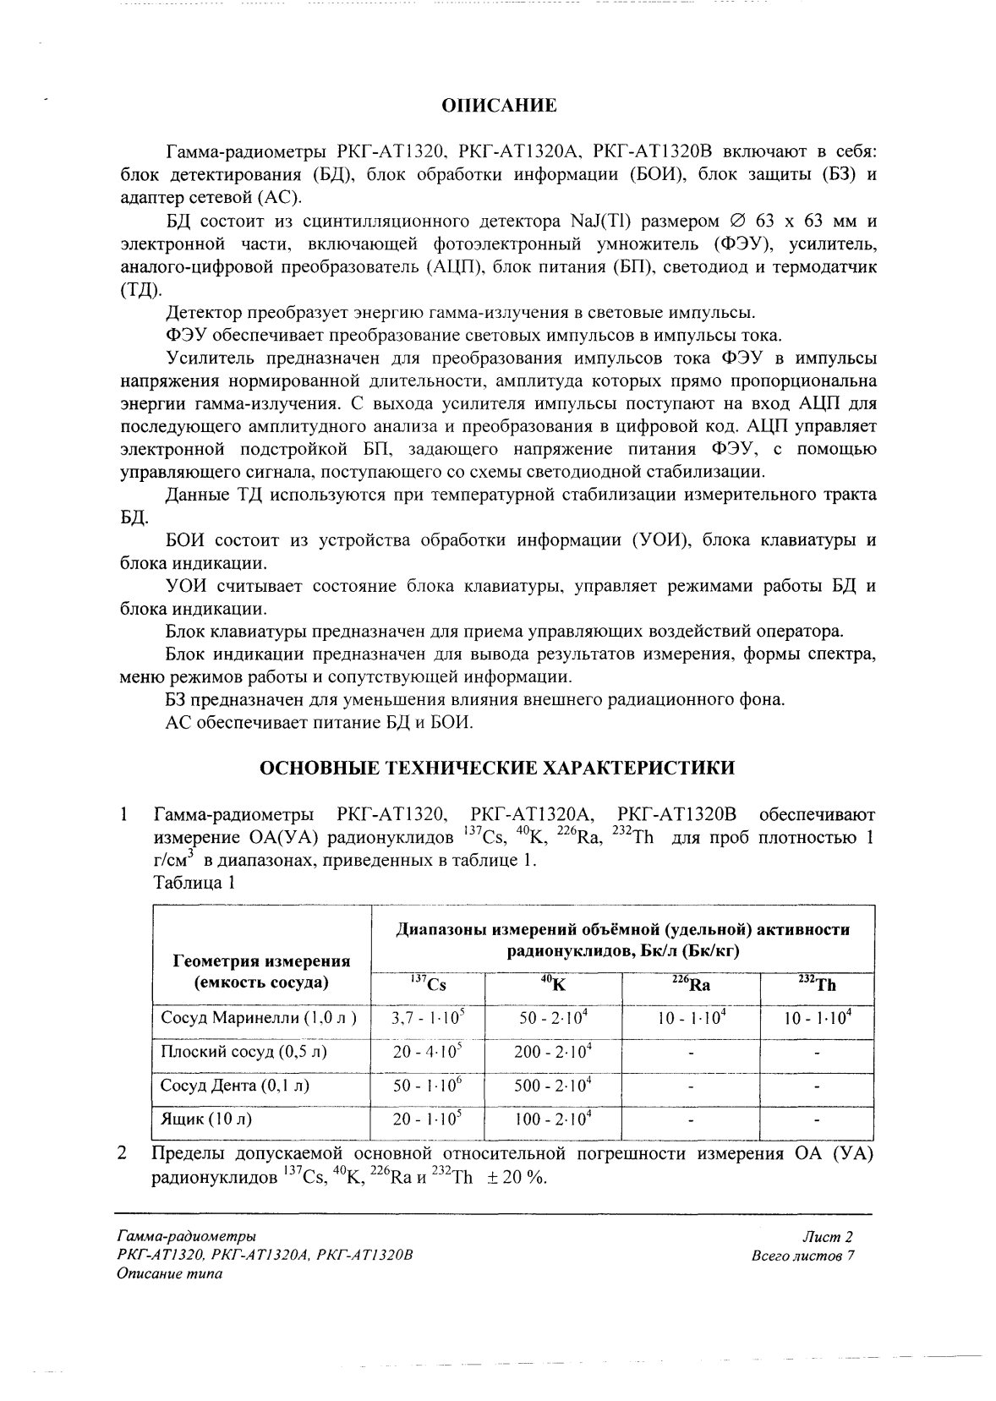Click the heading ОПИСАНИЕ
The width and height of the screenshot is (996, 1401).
[x=500, y=106]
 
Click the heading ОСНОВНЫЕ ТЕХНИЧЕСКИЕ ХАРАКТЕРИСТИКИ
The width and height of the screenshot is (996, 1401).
[x=496, y=768]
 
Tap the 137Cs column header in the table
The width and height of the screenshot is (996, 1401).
[x=429, y=984]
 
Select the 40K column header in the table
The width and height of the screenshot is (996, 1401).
[x=553, y=984]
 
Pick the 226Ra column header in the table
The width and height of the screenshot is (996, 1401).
[x=690, y=984]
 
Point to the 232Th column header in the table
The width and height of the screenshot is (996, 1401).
[x=817, y=984]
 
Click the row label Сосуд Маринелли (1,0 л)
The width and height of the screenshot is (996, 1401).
[x=259, y=1018]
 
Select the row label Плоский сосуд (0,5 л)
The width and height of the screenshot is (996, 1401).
[x=244, y=1052]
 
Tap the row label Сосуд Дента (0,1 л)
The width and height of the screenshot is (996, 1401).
[x=235, y=1086]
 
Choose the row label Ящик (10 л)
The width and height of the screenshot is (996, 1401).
[x=206, y=1119]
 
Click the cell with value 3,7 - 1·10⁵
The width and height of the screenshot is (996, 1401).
[x=428, y=1018]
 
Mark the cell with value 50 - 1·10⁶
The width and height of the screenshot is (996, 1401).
[x=428, y=1086]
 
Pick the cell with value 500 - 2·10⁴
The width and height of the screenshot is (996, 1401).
[x=553, y=1086]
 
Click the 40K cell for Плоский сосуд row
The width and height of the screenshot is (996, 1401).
[x=553, y=1052]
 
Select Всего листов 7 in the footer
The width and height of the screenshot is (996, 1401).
[x=803, y=1256]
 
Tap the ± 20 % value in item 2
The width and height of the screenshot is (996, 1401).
[x=517, y=1177]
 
